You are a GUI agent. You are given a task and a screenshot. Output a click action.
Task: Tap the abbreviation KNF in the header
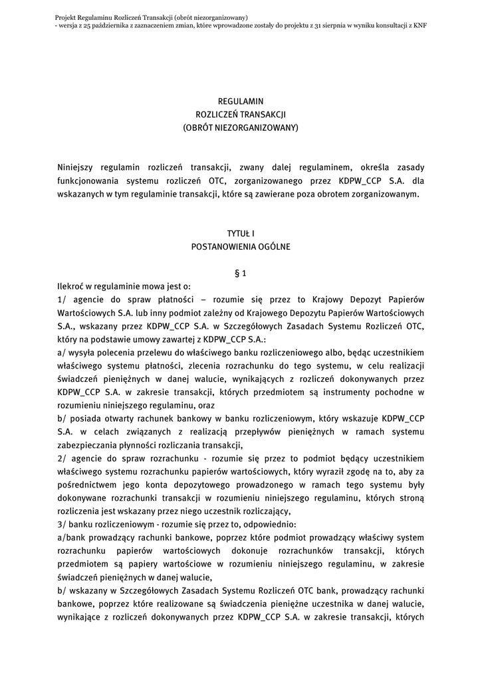[x=420, y=25]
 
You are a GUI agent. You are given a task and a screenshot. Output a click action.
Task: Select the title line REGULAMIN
[x=241, y=101]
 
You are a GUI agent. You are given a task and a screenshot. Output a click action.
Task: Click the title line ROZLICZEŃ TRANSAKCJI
[x=241, y=114]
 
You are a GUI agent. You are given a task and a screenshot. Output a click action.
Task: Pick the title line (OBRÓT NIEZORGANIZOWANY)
[x=241, y=127]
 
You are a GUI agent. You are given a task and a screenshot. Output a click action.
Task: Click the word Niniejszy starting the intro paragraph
[x=76, y=167]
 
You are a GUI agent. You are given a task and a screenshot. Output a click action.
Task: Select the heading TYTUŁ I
[x=241, y=233]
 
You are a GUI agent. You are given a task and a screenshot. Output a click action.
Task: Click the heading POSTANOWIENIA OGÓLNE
[x=241, y=246]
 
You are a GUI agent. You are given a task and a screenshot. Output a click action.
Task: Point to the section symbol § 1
[x=241, y=273]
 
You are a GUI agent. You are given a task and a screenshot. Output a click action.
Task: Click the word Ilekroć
[x=70, y=286]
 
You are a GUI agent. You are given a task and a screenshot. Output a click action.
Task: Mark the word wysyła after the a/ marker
[x=81, y=353]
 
